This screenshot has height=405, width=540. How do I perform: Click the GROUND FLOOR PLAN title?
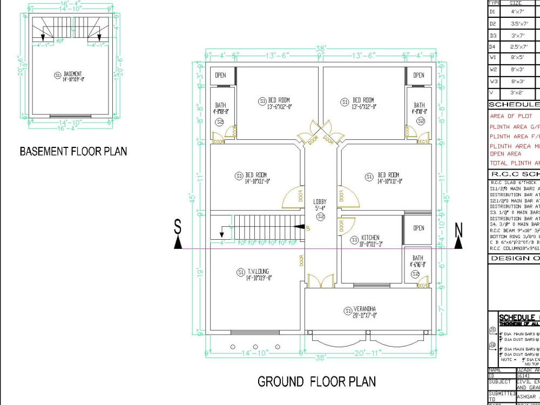click(316, 382)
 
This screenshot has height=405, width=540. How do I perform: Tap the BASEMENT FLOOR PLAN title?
click(73, 151)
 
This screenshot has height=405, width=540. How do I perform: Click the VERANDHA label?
click(364, 312)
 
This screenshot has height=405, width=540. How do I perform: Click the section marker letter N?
click(458, 231)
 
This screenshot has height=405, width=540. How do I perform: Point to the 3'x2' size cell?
click(518, 93)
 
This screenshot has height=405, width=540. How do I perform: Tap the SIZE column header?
click(516, 3)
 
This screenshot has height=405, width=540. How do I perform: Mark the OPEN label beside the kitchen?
click(418, 228)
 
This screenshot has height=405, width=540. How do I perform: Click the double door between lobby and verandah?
click(321, 281)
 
